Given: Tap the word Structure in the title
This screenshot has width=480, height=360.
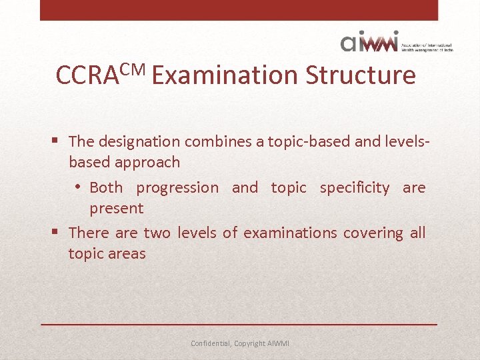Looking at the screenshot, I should pos(361,75).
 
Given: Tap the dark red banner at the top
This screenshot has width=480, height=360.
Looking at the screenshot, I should pos(239,9).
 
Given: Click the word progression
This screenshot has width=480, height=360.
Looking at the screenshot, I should pos(177,188).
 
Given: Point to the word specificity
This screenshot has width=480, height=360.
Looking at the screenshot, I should pos(355,188).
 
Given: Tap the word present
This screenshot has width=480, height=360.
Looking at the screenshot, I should pos(117,208).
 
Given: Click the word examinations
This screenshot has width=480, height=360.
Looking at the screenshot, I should pos(290,233).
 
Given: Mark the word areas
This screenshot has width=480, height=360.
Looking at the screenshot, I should pos(127,253).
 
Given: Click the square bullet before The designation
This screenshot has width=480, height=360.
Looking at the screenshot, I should pos(56,141).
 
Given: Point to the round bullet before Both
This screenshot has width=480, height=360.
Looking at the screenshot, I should pos(79,188).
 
